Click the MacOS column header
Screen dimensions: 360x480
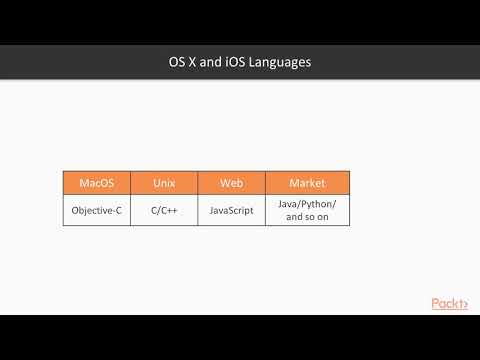[x=97, y=183]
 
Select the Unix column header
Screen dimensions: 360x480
[x=164, y=183]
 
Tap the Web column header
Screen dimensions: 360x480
[x=230, y=183]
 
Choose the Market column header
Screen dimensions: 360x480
[x=307, y=183]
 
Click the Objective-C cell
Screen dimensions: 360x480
[x=97, y=210]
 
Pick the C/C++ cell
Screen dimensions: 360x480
[x=164, y=210]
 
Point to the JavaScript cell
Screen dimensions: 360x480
[x=230, y=210]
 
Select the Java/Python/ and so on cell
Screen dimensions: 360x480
[x=307, y=210]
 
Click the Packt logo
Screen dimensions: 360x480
[x=449, y=304]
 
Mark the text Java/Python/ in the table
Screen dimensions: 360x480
[x=307, y=204]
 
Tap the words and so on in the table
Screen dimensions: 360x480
[x=307, y=216]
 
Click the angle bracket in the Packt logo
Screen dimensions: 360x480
[x=464, y=305]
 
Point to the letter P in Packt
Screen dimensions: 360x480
[x=436, y=304]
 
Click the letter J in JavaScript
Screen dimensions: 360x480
[x=211, y=210]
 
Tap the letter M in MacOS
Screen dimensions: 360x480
[x=83, y=183]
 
